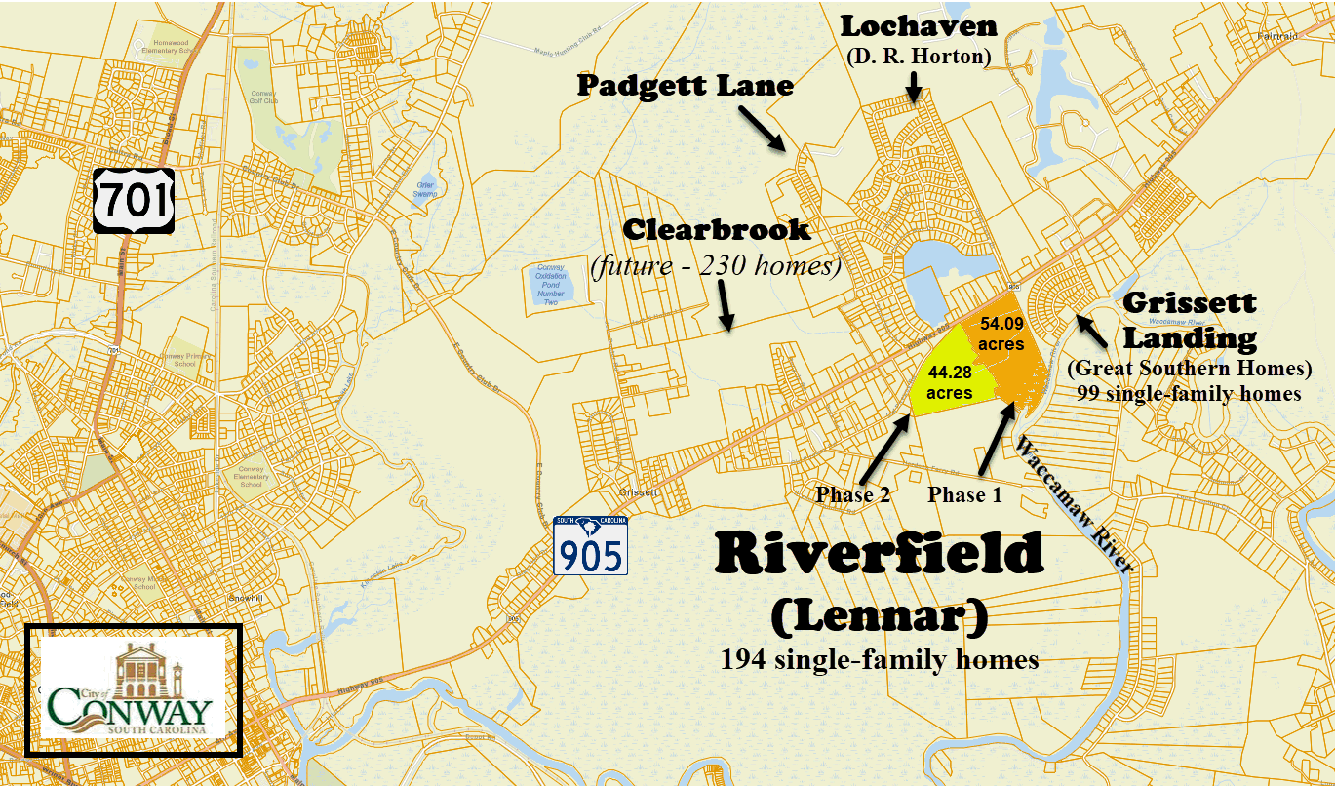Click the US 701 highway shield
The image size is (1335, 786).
pos(134,201)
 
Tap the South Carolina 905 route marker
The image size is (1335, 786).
pos(590,546)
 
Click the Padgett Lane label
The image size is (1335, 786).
pos(685,86)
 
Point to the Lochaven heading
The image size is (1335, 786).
pos(919,26)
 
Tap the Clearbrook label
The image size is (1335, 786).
pos(717,230)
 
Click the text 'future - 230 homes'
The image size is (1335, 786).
pos(717,265)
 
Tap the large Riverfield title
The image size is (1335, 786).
pos(879,556)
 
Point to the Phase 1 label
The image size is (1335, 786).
pos(964,495)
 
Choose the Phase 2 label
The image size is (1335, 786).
pos(853,495)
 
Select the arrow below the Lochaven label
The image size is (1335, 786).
pos(914,87)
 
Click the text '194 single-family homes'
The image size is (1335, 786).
pos(879,660)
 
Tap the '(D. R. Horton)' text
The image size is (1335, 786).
pos(919,57)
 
